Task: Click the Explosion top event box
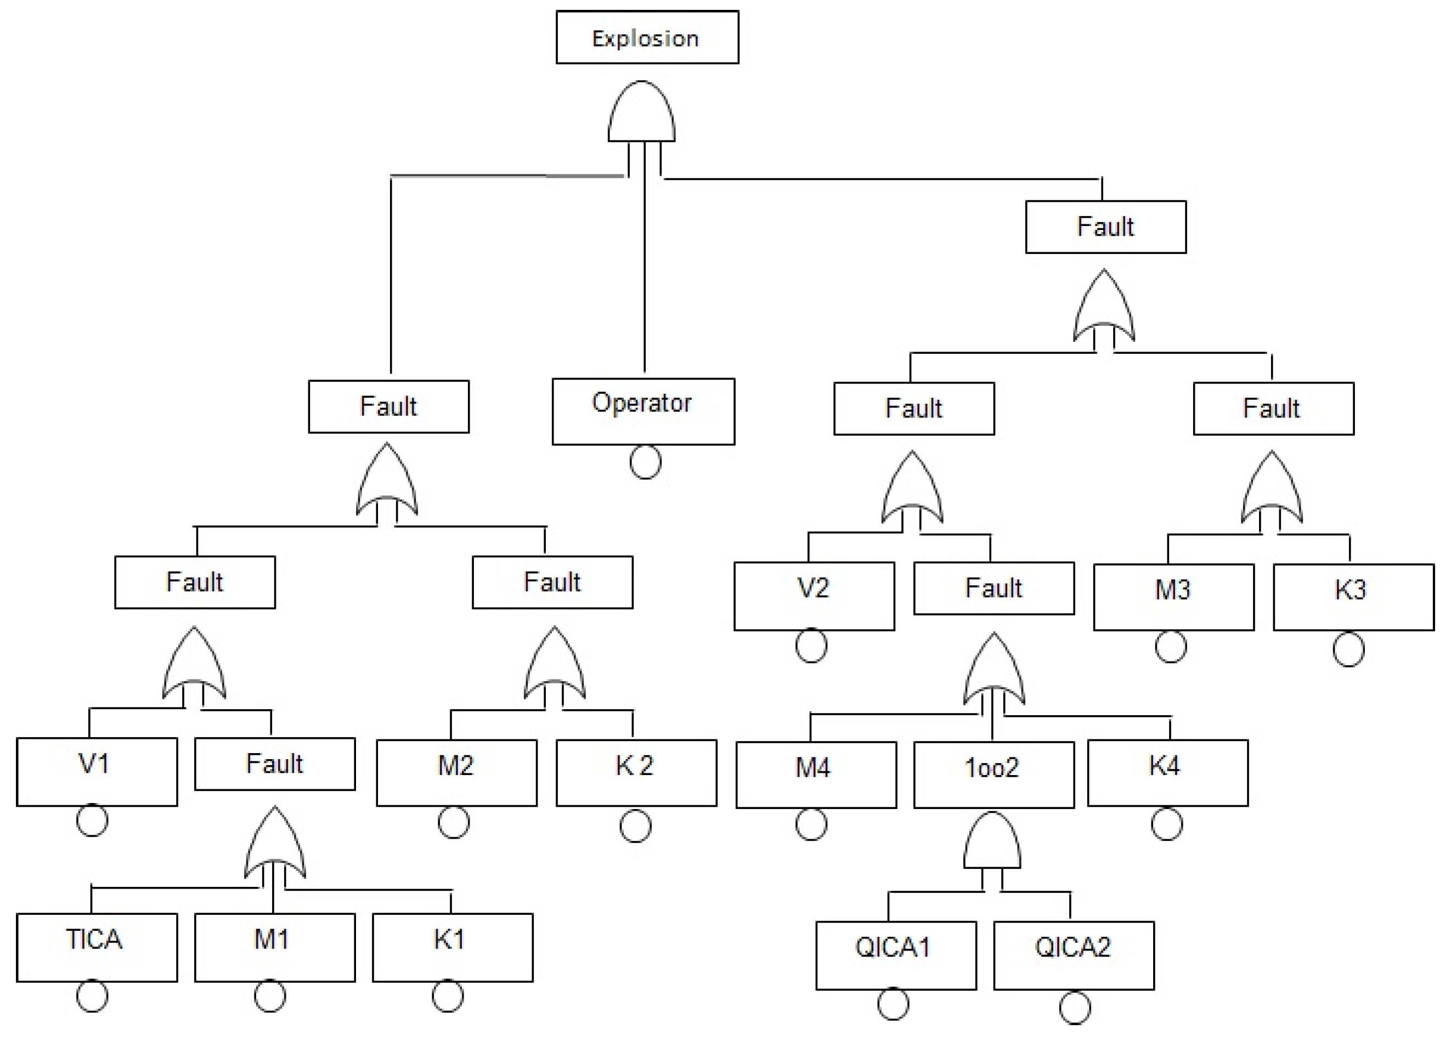coord(647,37)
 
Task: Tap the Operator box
coord(643,411)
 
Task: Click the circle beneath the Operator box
coord(645,462)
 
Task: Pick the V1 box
coord(97,772)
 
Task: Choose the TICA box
coord(97,947)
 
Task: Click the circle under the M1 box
coord(269,996)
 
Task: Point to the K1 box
coord(453,947)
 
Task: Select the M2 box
coord(456,772)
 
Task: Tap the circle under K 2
coord(635,826)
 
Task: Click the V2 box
coord(814,596)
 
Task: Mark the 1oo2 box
coord(993,774)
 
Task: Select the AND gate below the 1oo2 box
coord(992,843)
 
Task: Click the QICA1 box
coord(896,955)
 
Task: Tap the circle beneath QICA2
coord(1074,1008)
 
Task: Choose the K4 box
coord(1167,772)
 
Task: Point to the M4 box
coord(816,774)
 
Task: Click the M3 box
coord(1173,597)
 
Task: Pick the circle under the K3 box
coord(1348,649)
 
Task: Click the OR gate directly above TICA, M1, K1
coord(274,846)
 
